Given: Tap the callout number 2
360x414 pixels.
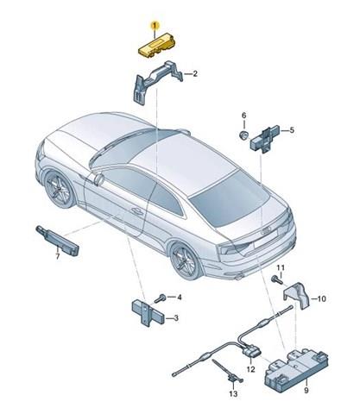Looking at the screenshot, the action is (x=195, y=74).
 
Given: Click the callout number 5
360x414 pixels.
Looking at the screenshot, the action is (x=292, y=130).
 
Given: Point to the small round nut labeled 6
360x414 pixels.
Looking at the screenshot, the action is (x=244, y=135).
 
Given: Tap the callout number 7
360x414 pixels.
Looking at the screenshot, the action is (x=58, y=256).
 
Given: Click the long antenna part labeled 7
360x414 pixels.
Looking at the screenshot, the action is (x=58, y=241).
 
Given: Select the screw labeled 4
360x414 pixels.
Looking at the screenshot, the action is (x=160, y=298).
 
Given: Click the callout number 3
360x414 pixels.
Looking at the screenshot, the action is (x=175, y=318).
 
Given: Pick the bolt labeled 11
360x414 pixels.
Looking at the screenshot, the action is (x=277, y=279).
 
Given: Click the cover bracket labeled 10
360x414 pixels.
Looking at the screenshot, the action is (x=296, y=295).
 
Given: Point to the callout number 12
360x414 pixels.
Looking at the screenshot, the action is (x=250, y=369).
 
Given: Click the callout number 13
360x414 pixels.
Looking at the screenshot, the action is (x=233, y=393).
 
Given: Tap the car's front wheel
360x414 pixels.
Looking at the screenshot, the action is (x=60, y=189).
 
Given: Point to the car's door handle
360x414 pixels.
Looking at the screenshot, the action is (x=137, y=211).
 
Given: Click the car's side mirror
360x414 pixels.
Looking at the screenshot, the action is (x=98, y=179).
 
